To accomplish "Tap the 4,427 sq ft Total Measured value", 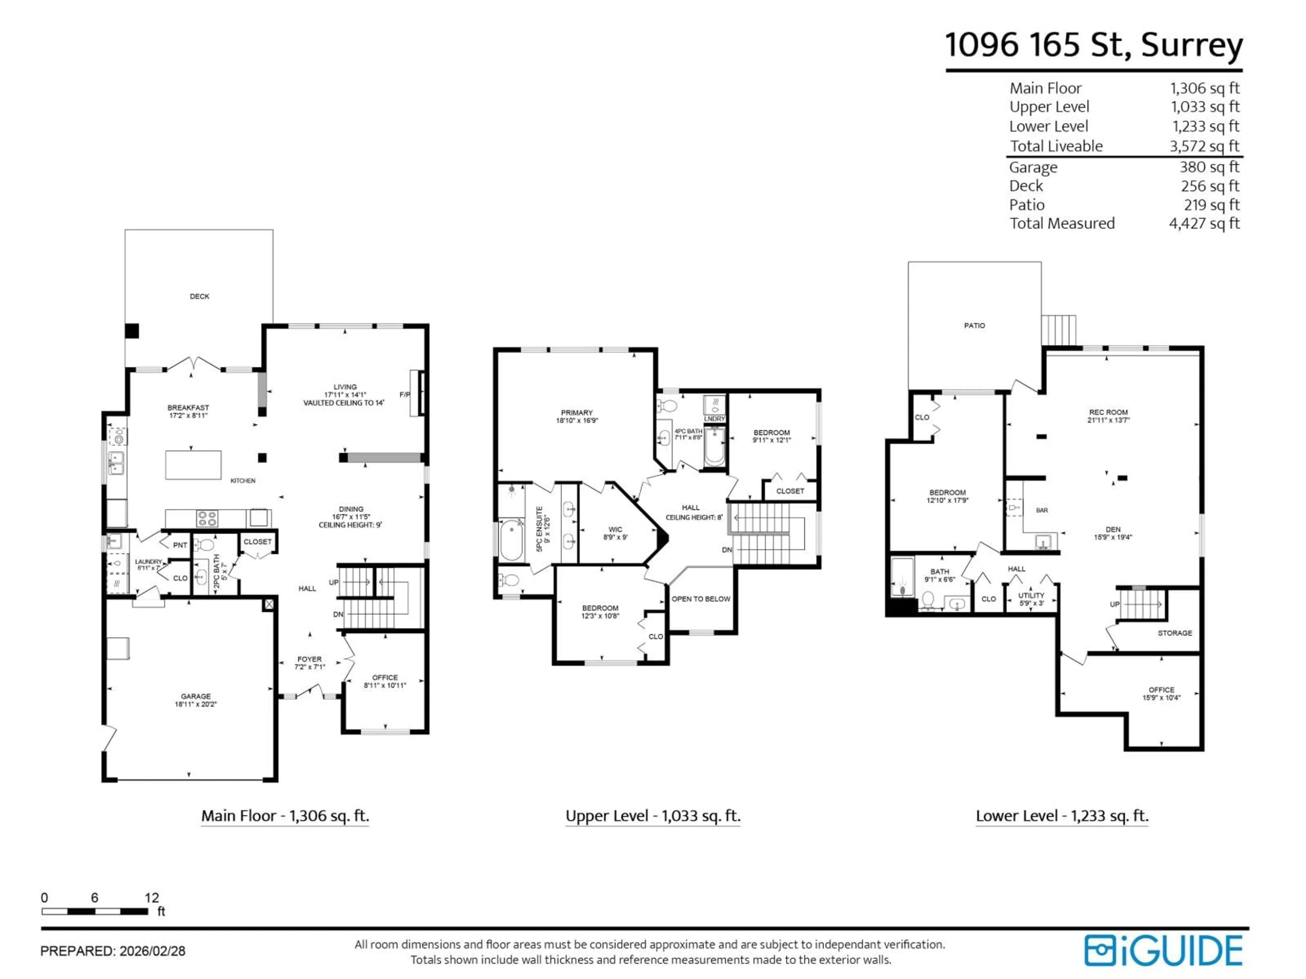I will (1204, 224).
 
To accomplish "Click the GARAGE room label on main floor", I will (196, 696).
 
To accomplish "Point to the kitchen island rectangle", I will (193, 465).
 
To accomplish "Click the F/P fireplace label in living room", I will (404, 395).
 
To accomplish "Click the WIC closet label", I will (615, 529).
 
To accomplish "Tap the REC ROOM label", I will (1108, 412).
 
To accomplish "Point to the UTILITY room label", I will (1031, 596).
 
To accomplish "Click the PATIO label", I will (974, 326).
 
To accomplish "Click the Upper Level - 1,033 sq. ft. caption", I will (652, 816).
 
